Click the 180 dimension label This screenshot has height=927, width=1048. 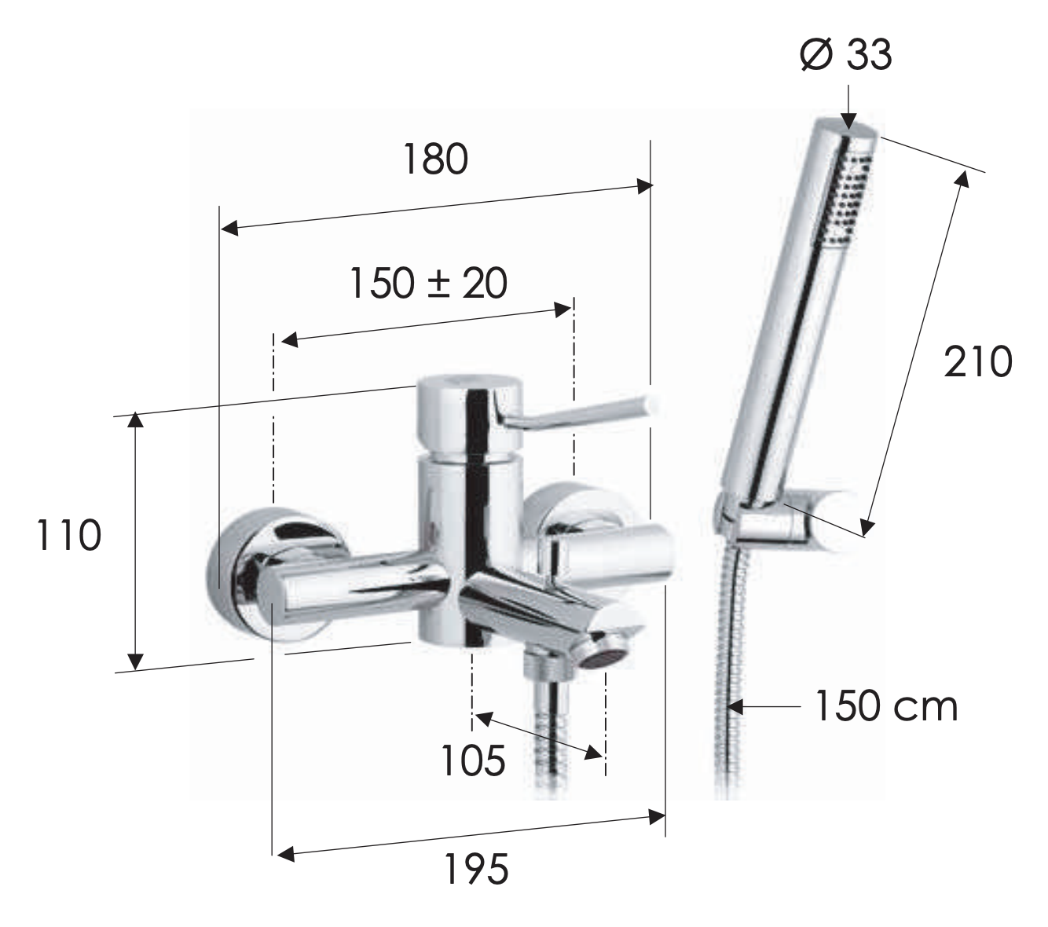435,159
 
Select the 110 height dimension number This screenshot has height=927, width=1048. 69,535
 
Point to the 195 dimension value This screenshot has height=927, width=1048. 476,869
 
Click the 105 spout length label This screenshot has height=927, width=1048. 473,760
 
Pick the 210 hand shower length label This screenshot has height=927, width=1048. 977,361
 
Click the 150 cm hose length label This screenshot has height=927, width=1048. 886,705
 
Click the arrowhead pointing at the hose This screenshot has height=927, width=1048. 735,706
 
